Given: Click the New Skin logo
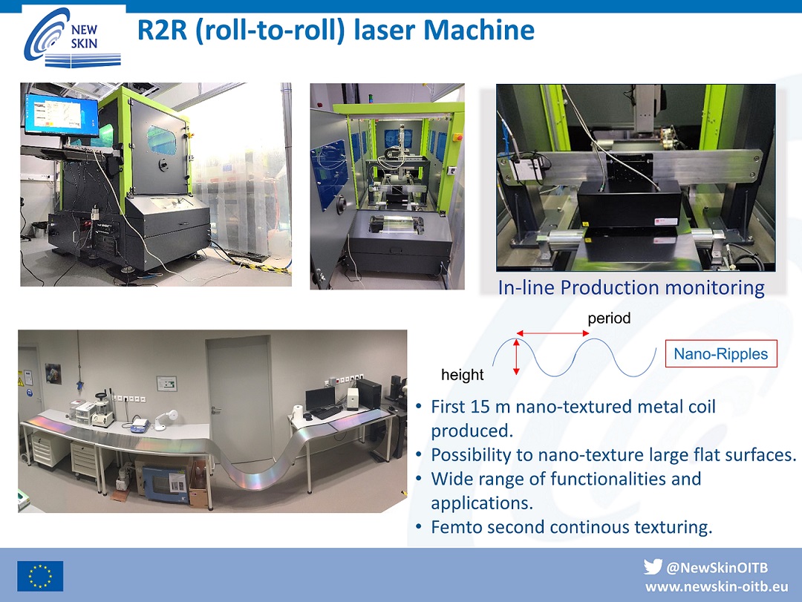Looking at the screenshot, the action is (x=72, y=37).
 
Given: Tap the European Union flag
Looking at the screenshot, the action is (x=40, y=576).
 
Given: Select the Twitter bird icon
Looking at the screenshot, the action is (x=653, y=566).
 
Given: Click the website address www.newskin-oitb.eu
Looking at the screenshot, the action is (x=717, y=586).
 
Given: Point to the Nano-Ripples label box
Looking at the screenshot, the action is (x=720, y=353).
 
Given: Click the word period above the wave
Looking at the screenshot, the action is (x=609, y=318).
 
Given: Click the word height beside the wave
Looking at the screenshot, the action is (x=463, y=374).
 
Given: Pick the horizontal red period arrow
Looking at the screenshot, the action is (x=552, y=333).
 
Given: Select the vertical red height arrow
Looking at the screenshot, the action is (x=517, y=357).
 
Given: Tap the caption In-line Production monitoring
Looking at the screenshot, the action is (x=631, y=287).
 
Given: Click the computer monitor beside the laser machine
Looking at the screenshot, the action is (x=61, y=115).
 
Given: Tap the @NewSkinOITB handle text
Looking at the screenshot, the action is (x=717, y=567).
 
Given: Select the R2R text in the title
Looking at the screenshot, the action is (x=162, y=30).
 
